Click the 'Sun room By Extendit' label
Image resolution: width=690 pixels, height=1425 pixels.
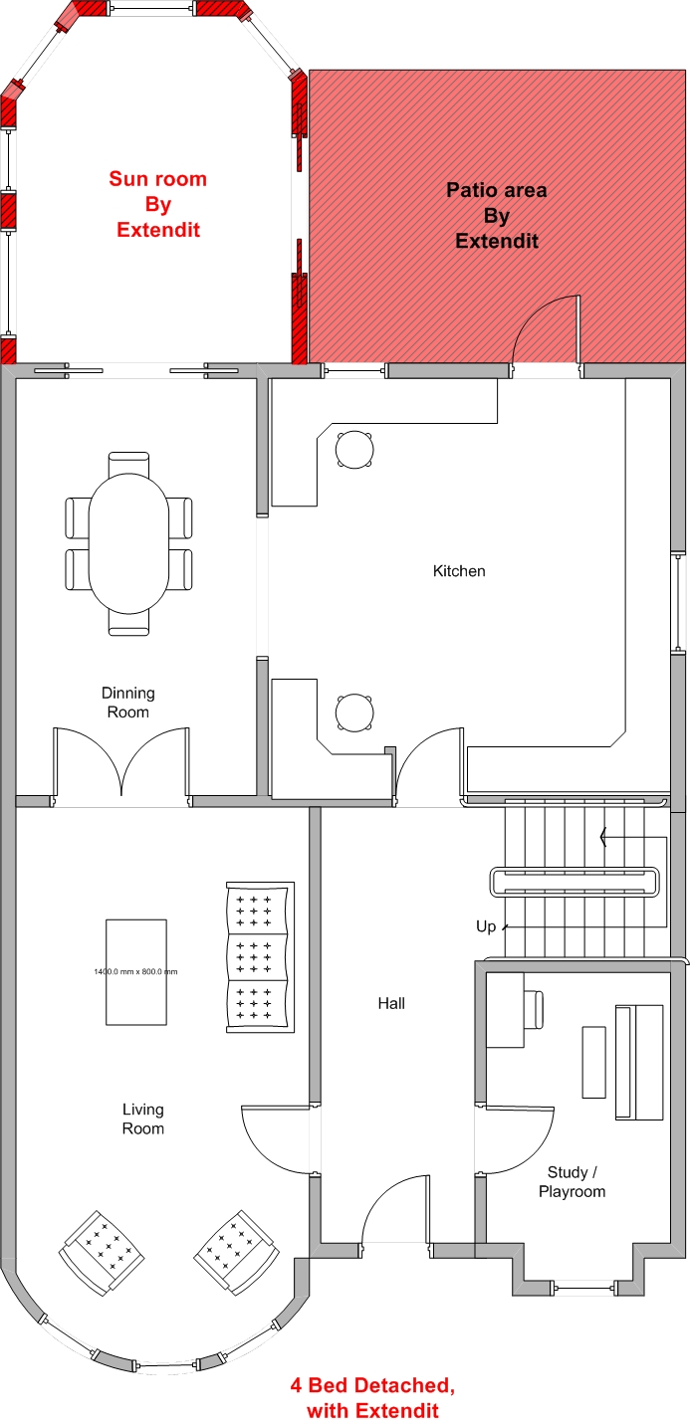[158, 204]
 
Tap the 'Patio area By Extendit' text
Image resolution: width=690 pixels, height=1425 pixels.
[497, 215]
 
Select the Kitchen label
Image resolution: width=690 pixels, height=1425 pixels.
[459, 570]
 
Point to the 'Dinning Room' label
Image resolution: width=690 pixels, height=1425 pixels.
[127, 703]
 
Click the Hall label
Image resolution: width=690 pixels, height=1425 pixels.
[391, 1003]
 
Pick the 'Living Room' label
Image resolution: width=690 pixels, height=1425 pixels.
[143, 1119]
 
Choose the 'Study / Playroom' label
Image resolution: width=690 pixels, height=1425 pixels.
[573, 1181]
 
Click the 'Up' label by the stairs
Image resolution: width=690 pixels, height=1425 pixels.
[486, 926]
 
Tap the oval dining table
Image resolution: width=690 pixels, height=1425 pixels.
[128, 543]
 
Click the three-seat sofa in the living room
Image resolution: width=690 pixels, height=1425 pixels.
[260, 956]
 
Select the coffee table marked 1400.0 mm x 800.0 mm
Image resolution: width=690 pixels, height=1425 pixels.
[136, 972]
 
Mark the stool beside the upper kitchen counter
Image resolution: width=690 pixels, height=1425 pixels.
[354, 450]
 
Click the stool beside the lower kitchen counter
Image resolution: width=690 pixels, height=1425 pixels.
[354, 712]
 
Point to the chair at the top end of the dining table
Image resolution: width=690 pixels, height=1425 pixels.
[128, 463]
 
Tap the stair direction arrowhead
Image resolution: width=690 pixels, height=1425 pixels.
[602, 837]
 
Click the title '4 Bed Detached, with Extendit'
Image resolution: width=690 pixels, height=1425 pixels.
[373, 1398]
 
